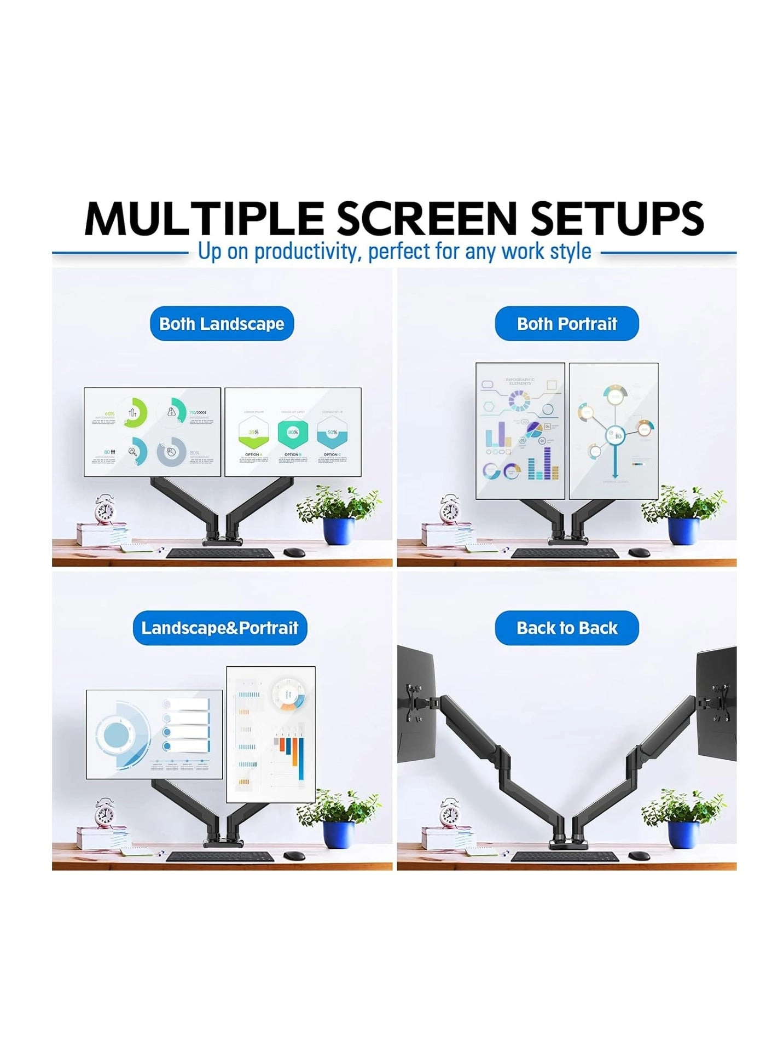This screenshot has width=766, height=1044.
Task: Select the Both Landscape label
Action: pos(222,323)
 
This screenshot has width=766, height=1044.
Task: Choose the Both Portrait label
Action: pos(567,323)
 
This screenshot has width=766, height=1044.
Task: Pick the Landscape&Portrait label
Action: pos(220,627)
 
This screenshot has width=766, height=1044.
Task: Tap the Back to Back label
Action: pos(567,627)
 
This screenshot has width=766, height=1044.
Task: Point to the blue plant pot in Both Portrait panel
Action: pos(684,530)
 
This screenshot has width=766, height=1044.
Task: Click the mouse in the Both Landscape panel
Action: pos(294,552)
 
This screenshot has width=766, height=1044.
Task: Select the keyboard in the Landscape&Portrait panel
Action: pos(220,856)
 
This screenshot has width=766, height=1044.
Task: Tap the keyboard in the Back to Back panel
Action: pos(565,856)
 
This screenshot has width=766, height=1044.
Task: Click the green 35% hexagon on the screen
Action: pos(253,432)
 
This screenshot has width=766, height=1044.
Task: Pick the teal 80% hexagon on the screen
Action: pos(293,432)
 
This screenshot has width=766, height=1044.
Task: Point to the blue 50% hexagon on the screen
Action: pos(332,432)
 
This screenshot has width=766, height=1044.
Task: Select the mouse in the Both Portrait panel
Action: pos(639,552)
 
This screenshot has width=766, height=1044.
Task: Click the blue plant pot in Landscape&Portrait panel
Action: pos(339,835)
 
